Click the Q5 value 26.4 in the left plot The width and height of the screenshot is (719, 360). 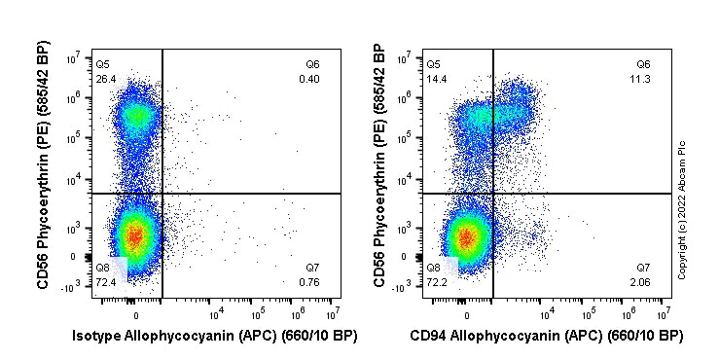coord(105,79)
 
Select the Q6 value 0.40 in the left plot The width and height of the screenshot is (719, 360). coord(311,79)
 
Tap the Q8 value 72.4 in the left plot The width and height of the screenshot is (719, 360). coord(105,281)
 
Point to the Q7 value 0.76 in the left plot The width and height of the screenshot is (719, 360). coord(311,281)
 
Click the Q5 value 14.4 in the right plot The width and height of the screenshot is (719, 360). coord(436,79)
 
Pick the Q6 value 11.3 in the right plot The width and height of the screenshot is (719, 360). coord(642,79)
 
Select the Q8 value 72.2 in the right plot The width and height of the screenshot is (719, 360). coord(436,281)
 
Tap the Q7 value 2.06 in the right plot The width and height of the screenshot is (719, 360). coord(642,281)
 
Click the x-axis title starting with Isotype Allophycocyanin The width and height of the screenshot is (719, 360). coord(215,337)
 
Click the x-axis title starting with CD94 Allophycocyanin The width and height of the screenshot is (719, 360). coord(546,337)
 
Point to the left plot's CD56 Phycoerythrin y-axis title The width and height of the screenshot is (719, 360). coord(44,170)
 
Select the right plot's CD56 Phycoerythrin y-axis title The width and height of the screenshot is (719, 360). coord(378,170)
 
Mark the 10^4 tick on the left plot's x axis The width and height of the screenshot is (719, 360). coord(216,313)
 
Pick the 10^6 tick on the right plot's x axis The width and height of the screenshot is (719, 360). coord(629,313)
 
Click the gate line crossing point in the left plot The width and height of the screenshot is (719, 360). coord(162,194)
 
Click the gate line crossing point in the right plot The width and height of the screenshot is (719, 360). coord(492,194)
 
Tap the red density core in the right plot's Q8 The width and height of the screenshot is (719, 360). coord(466,236)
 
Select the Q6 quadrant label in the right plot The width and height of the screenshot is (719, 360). coord(642,64)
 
